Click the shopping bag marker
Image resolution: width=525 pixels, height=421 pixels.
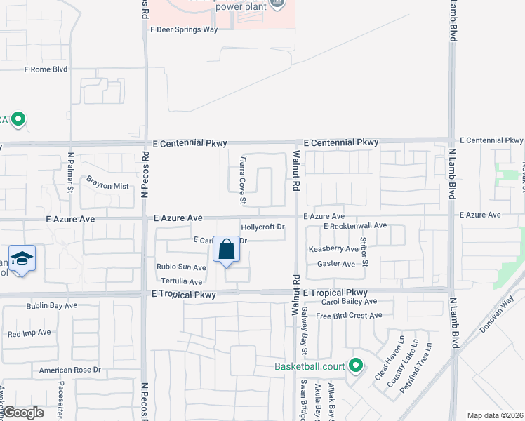(x=226, y=250)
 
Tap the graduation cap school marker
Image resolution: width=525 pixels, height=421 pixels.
(x=22, y=259)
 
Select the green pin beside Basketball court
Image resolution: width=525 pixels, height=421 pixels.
(x=356, y=366)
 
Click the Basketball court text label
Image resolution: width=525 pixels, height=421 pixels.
(x=310, y=366)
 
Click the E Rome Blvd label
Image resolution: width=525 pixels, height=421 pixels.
(x=46, y=69)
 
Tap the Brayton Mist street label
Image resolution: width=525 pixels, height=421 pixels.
(x=107, y=186)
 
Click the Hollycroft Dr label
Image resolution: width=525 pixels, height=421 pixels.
(x=262, y=227)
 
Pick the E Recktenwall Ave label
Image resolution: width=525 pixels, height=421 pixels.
(x=355, y=226)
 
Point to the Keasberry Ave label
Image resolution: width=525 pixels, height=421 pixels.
(x=333, y=249)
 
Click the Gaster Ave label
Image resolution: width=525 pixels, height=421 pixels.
(x=336, y=264)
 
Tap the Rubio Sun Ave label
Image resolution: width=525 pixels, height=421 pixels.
(x=181, y=267)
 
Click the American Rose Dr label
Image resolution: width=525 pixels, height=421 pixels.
(x=70, y=370)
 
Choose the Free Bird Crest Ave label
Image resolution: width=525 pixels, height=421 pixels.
(x=349, y=316)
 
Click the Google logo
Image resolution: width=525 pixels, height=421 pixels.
(x=23, y=413)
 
